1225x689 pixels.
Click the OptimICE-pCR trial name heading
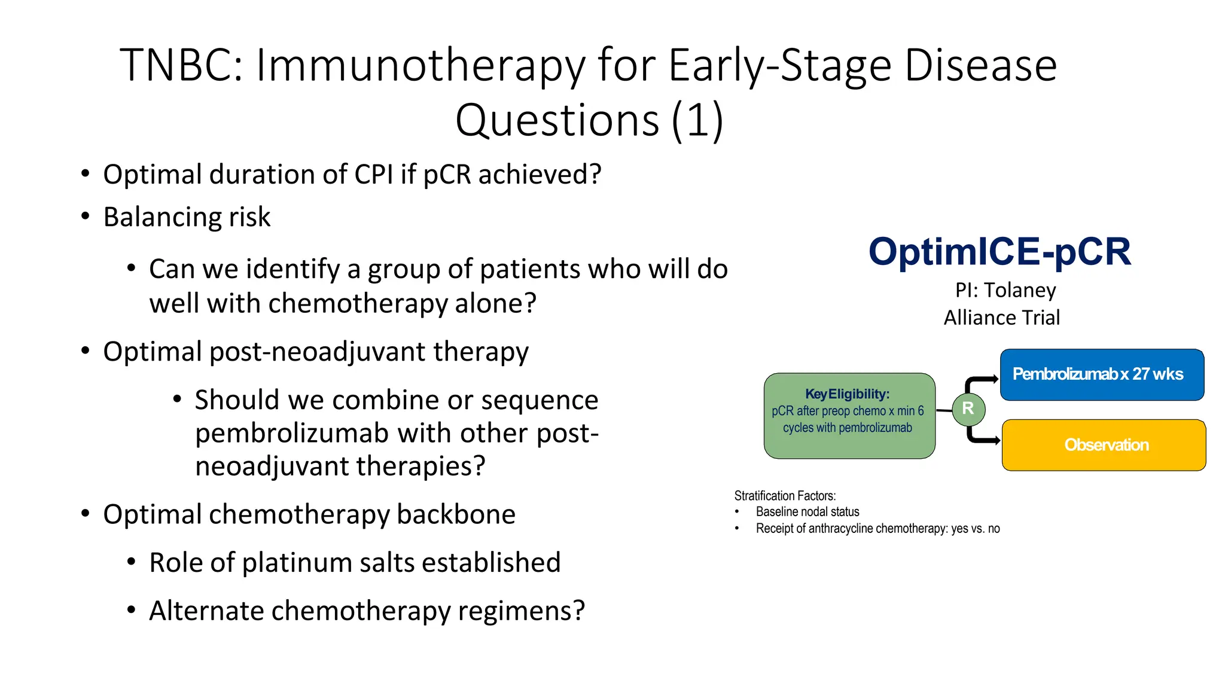point(999,251)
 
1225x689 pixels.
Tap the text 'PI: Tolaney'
point(1005,290)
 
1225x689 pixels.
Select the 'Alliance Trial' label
point(1001,318)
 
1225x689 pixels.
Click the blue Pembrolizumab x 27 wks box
point(1101,374)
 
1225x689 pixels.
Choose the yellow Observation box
point(1104,445)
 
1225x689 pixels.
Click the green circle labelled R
point(968,409)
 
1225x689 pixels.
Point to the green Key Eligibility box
point(849,416)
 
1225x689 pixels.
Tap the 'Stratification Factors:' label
point(785,496)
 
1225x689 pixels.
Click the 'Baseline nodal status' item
point(807,512)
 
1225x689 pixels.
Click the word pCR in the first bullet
point(448,175)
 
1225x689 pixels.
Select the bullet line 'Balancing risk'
point(187,217)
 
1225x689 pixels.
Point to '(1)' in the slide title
point(697,120)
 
